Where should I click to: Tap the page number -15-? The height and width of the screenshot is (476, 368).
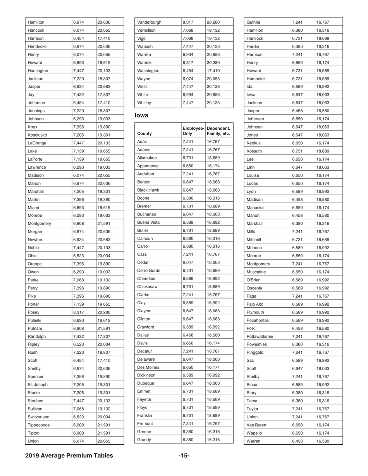184,455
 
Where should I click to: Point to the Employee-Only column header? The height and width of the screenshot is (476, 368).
193,131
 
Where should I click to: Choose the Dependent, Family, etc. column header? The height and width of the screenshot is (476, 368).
219,131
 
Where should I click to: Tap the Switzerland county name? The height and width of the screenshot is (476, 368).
39,417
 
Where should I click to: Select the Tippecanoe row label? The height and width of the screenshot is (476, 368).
39,425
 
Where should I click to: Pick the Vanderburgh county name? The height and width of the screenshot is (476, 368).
150,22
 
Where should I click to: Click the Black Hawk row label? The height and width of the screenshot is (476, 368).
148,190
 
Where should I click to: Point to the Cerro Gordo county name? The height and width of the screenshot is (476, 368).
149,270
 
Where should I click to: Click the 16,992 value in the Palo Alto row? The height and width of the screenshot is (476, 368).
323,304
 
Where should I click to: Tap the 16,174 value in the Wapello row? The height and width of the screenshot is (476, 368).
323,433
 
